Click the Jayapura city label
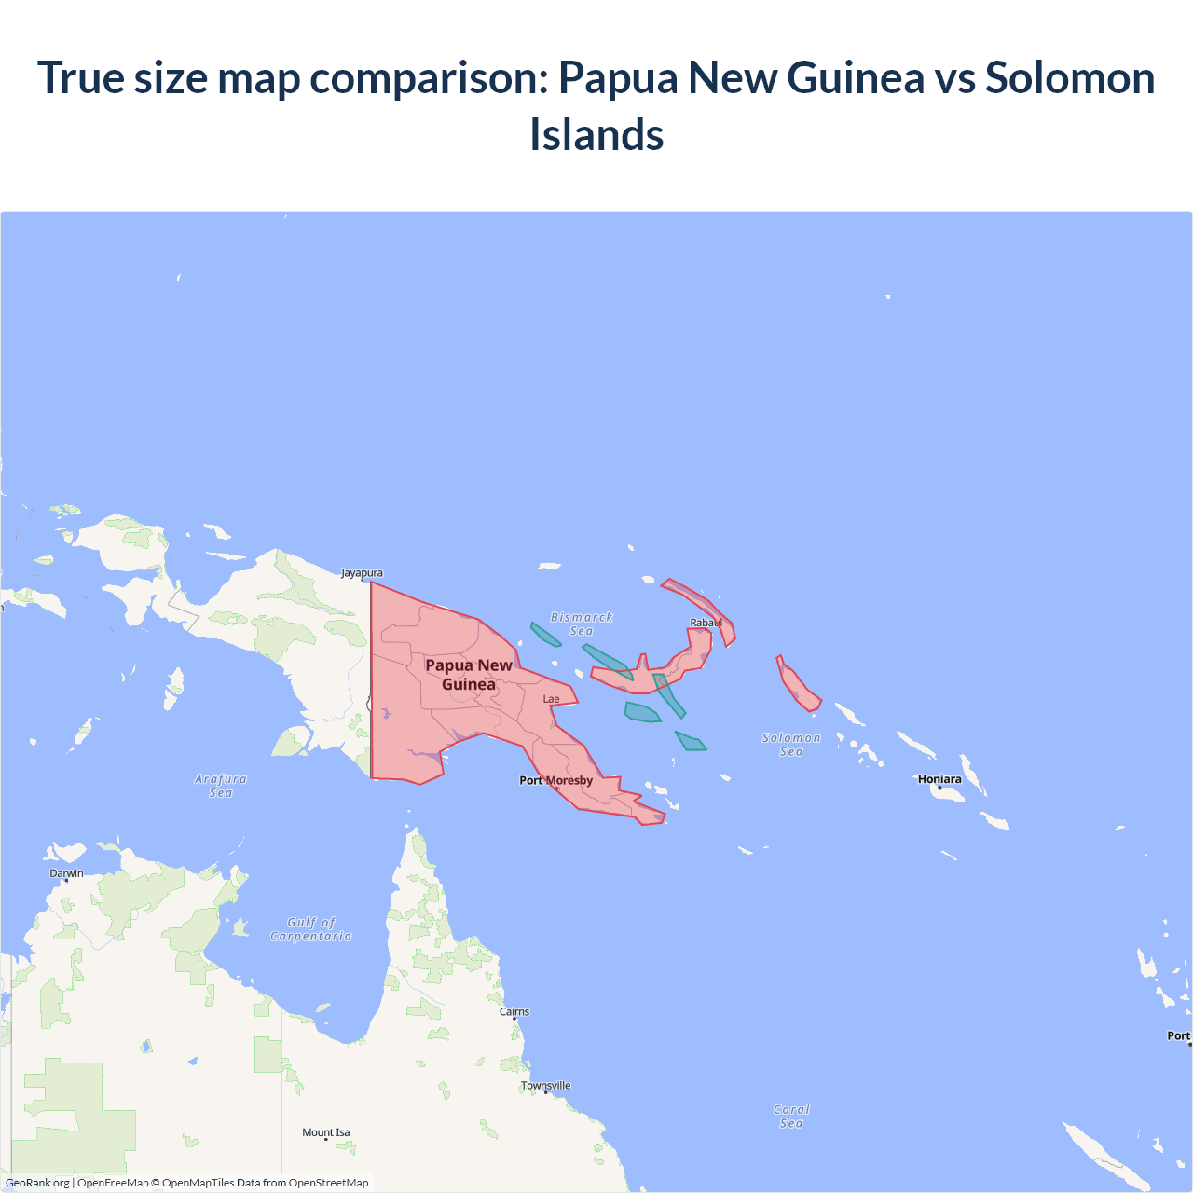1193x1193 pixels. pyautogui.click(x=362, y=573)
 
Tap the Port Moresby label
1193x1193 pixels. pyautogui.click(x=555, y=780)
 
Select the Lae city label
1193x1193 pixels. pyautogui.click(x=552, y=699)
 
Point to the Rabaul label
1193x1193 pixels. pyautogui.click(x=706, y=623)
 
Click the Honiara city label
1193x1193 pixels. pyautogui.click(x=939, y=779)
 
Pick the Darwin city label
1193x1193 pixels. pyautogui.click(x=66, y=873)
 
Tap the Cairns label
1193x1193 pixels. pyautogui.click(x=514, y=1011)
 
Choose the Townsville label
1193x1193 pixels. pyautogui.click(x=546, y=1086)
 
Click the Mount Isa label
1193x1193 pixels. pyautogui.click(x=326, y=1132)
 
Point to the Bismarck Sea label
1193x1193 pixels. pyautogui.click(x=582, y=624)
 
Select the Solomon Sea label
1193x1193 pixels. pyautogui.click(x=791, y=744)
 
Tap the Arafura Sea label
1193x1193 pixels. pyautogui.click(x=221, y=786)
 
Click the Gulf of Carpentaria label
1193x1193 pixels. pyautogui.click(x=311, y=929)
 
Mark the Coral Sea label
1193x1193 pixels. pyautogui.click(x=791, y=1116)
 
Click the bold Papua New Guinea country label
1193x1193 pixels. pyautogui.click(x=469, y=674)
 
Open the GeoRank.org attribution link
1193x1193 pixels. pyautogui.click(x=37, y=1183)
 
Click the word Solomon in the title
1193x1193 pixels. pyautogui.click(x=1070, y=77)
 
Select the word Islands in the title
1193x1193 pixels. pyautogui.click(x=596, y=134)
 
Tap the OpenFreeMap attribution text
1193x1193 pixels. pyautogui.click(x=113, y=1183)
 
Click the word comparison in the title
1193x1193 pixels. pyautogui.click(x=430, y=77)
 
